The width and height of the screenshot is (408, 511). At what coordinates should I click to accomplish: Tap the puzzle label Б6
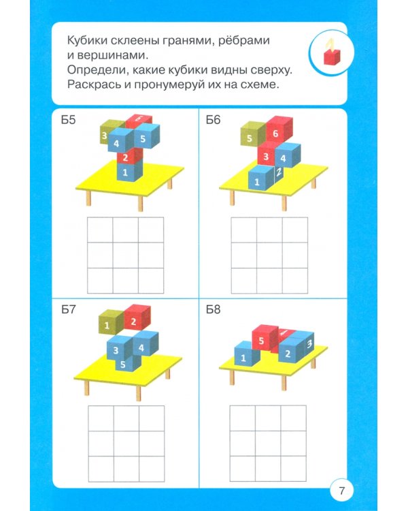pos(214,121)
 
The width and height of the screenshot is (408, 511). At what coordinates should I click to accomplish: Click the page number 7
pos(341,489)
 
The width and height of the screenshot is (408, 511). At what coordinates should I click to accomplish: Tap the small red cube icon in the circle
pos(331,57)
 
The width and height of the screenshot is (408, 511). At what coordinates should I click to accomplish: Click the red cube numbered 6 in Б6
pos(275,134)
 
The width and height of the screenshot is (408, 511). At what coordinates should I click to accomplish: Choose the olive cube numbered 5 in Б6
pos(250,138)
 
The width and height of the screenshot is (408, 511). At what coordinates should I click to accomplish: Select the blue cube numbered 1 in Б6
pos(258,180)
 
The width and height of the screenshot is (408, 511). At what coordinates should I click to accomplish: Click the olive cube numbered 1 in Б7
pos(108,325)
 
